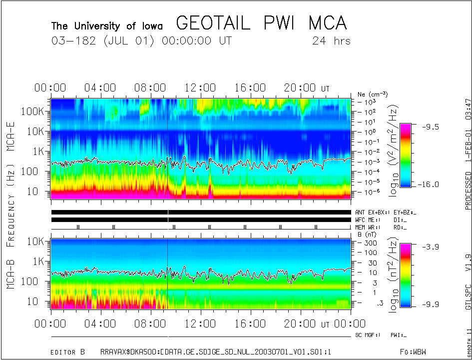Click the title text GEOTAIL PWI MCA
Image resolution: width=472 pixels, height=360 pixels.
click(261, 23)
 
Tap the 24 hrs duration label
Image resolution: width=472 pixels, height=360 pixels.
click(331, 41)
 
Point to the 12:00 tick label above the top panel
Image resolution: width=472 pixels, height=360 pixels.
click(200, 88)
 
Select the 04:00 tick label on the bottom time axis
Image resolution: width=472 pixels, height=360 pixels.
click(100, 323)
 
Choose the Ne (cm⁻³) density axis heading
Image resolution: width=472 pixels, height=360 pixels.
click(372, 94)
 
